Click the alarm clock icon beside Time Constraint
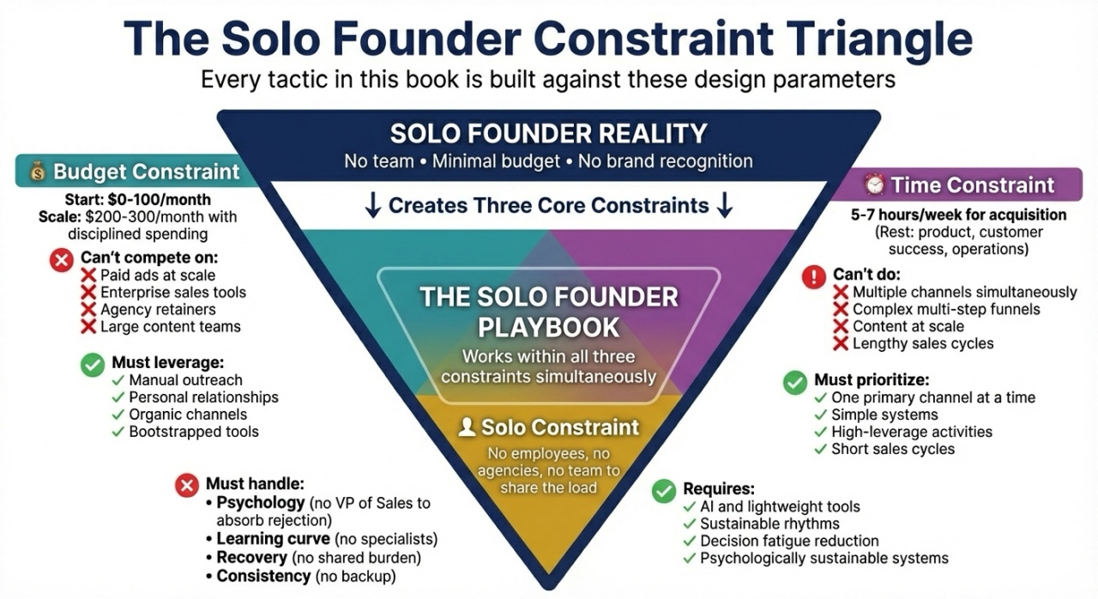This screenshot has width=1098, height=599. point(874,185)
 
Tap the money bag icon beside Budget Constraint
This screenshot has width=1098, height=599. point(38,172)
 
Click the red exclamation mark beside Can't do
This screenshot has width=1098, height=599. point(814,277)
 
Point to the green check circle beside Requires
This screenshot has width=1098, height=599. point(664,491)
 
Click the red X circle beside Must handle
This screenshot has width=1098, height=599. point(187,485)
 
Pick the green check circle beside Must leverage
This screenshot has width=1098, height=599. point(93,366)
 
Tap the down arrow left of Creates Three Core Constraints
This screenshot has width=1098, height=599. point(373,205)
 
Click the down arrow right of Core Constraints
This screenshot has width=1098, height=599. point(725,205)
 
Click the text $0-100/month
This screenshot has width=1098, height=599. point(160,199)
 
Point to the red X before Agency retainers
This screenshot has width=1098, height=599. point(88,309)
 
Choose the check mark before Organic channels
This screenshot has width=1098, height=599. point(118,414)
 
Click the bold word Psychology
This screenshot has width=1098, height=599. point(261,503)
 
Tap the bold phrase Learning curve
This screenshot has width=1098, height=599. point(273,539)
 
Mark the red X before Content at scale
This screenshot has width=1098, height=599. point(841,326)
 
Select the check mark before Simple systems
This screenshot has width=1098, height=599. point(821,415)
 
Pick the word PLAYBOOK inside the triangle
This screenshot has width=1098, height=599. point(548,328)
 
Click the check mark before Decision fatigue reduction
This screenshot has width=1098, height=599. point(689,542)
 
